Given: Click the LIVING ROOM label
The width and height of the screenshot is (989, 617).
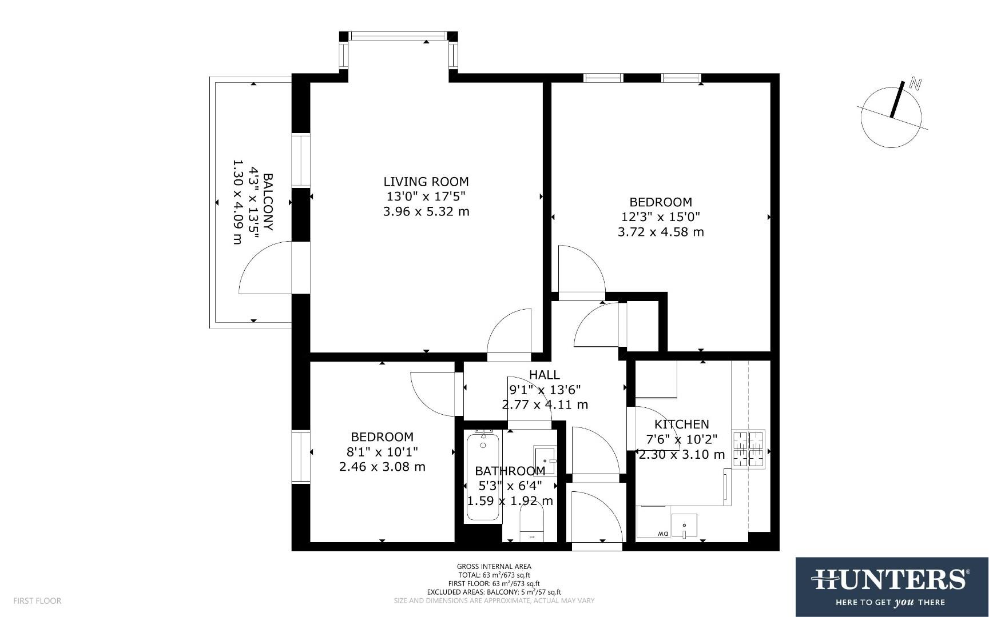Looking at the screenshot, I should click(x=426, y=182).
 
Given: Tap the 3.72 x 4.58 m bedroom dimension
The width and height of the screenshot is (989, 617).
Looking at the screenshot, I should click(x=661, y=232).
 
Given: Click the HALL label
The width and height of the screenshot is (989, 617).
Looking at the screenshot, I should click(x=544, y=375).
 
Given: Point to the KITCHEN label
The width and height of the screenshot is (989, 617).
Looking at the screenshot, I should click(x=681, y=424).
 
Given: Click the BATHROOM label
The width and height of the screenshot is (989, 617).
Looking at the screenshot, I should click(x=510, y=471).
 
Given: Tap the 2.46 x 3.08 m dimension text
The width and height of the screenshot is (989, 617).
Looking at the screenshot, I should click(x=382, y=467).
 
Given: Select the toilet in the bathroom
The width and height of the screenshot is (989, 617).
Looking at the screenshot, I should click(x=531, y=526).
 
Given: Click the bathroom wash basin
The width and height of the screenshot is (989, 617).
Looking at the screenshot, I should click(x=545, y=459).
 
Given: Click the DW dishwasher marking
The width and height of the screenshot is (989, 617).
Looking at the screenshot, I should click(x=662, y=534).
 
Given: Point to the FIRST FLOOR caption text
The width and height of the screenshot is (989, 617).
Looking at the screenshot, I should click(x=37, y=601).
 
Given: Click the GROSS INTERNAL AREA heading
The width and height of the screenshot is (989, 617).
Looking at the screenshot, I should click(x=494, y=567).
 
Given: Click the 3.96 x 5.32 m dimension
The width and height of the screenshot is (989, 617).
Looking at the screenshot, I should click(x=426, y=212).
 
